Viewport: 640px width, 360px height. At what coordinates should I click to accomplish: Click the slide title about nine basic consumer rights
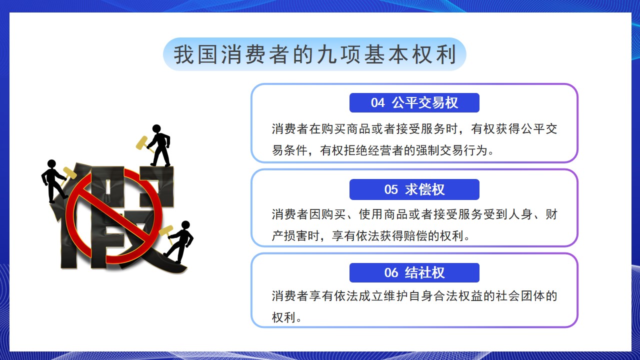314,54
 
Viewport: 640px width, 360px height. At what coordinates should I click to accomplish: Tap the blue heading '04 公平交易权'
414,102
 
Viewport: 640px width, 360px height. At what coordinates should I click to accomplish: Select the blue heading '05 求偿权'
414,189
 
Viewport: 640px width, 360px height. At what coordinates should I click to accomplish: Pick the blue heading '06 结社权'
414,272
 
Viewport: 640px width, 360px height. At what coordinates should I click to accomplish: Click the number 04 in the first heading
377,103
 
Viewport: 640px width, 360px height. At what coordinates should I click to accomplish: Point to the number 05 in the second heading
391,189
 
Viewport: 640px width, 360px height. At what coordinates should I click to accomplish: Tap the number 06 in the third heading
391,273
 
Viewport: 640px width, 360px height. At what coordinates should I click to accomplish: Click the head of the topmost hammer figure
156,128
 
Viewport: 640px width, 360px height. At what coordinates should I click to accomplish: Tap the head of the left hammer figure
51,163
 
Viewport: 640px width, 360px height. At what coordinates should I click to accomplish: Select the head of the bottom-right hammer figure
185,225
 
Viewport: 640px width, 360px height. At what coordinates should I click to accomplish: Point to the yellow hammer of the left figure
68,175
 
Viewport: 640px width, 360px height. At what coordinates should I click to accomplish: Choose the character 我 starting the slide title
183,54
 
